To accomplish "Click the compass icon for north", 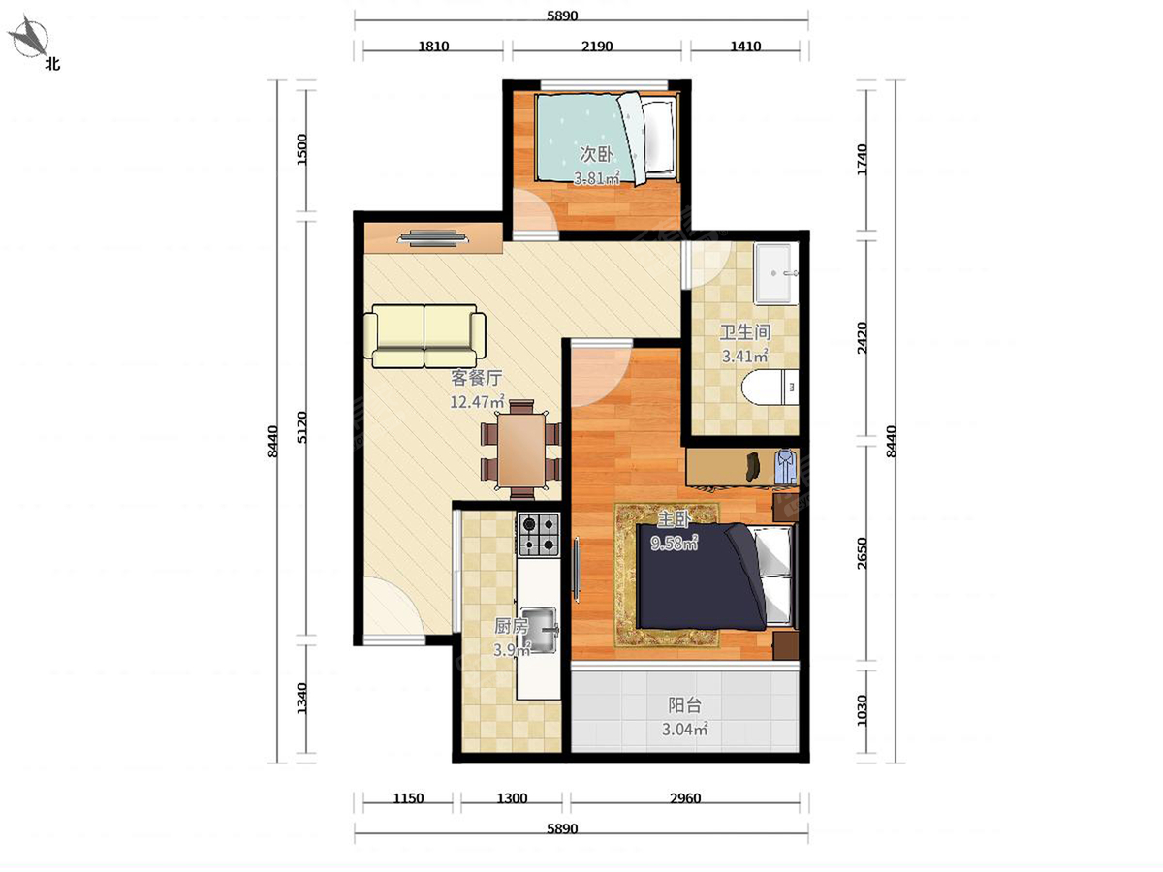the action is point(31,38).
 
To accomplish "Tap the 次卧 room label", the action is point(596,154).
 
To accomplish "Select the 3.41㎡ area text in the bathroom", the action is point(744,356).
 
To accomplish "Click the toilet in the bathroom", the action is point(770,388).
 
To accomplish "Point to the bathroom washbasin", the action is point(776,274).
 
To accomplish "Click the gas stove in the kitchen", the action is point(539,534).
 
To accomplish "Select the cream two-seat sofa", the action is point(424,336).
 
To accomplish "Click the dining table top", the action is point(521,452).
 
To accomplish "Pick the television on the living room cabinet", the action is point(433,238).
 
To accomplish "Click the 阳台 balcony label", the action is point(684,705).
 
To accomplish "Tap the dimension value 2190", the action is point(597,47).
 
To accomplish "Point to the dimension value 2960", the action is point(685,798).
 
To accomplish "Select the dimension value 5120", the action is point(301,427).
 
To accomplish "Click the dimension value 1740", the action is point(862,159).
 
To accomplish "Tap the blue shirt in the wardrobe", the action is point(785,466).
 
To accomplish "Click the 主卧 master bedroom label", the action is point(674,519).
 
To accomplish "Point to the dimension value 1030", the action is point(862,710).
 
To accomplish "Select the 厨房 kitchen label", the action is point(512,627).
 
